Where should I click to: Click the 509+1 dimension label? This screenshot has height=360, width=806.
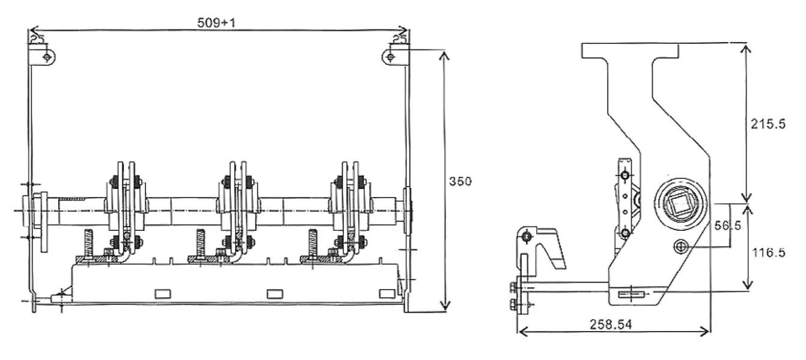216,23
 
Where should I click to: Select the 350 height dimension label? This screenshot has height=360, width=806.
460,182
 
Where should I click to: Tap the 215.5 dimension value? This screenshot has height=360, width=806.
768,124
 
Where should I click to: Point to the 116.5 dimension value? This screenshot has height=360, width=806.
769,252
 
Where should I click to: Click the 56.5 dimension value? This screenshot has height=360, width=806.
727,225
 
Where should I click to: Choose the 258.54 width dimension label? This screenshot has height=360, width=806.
611,325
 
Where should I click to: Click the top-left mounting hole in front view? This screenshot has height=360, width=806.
47,57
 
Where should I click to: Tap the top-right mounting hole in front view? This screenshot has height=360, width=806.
391,57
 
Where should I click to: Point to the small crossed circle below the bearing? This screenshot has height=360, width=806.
680,247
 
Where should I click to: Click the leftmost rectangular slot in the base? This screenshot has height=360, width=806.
163,294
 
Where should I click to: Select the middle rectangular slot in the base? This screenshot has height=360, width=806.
275,294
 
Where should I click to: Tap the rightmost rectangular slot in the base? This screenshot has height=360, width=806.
387,293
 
